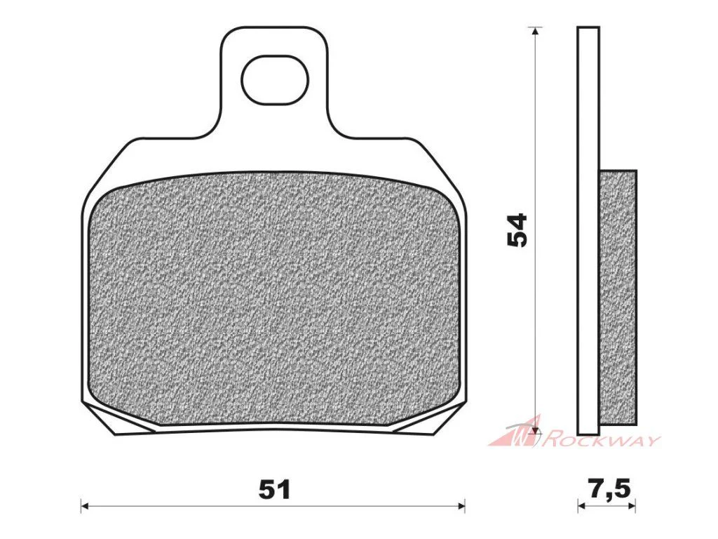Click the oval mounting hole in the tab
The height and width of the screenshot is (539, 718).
[x=275, y=80]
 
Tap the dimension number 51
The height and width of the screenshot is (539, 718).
[x=275, y=490]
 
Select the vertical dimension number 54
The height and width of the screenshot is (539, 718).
[x=518, y=230]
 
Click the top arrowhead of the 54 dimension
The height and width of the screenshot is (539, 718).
[x=534, y=32]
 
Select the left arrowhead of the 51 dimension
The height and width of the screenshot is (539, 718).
[x=84, y=507]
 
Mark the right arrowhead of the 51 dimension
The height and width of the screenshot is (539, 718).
[x=461, y=507]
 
